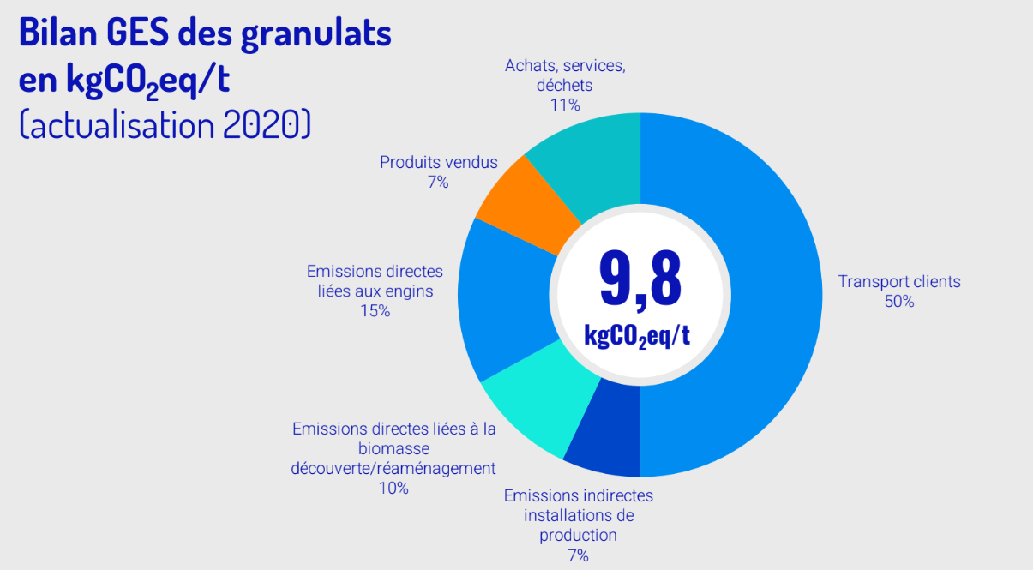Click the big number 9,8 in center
640,279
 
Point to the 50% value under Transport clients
899,302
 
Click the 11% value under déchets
565,105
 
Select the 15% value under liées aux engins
375,311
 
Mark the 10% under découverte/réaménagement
393,489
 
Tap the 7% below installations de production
578,555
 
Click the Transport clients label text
899,281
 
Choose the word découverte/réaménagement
393,468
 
